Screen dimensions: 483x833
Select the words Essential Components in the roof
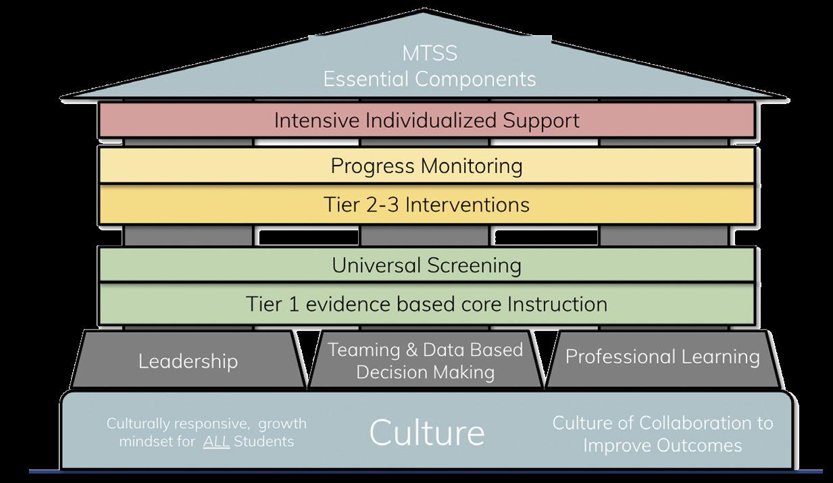[429, 79]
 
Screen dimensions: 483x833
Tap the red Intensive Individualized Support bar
[426, 121]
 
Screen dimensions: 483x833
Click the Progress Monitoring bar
[426, 166]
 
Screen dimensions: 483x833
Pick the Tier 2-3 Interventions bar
[426, 204]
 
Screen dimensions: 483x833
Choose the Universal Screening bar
[426, 265]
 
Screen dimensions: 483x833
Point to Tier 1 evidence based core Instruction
[426, 304]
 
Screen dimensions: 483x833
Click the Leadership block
[188, 361]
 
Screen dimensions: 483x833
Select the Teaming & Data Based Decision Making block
[425, 360]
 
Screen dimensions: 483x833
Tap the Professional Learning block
[662, 357]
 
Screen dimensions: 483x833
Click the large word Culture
[426, 432]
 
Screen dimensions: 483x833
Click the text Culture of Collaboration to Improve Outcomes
[662, 434]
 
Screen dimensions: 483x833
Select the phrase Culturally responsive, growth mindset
[206, 424]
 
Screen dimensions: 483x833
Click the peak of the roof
[424, 11]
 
